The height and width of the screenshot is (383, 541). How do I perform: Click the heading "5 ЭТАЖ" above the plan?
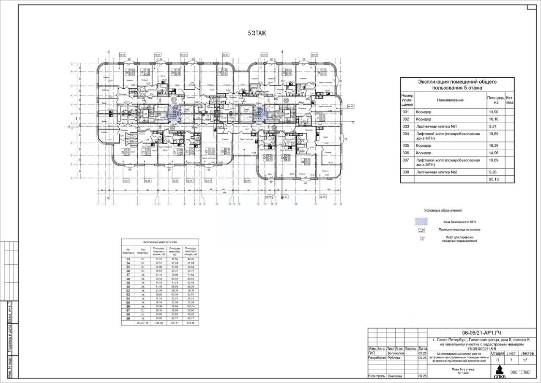257,33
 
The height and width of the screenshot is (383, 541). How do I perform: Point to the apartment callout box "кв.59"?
248,181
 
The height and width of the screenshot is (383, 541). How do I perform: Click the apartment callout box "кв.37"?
126,181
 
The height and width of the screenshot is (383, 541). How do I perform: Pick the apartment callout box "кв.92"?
226,55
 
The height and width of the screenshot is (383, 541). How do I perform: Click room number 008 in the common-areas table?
407,172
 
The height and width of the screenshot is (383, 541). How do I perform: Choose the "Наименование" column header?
450,100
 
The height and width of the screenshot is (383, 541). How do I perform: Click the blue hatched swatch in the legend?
422,221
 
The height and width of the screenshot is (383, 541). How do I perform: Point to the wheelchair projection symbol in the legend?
422,230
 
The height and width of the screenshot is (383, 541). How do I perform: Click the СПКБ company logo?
500,374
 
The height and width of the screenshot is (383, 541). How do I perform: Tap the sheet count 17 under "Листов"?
525,361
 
